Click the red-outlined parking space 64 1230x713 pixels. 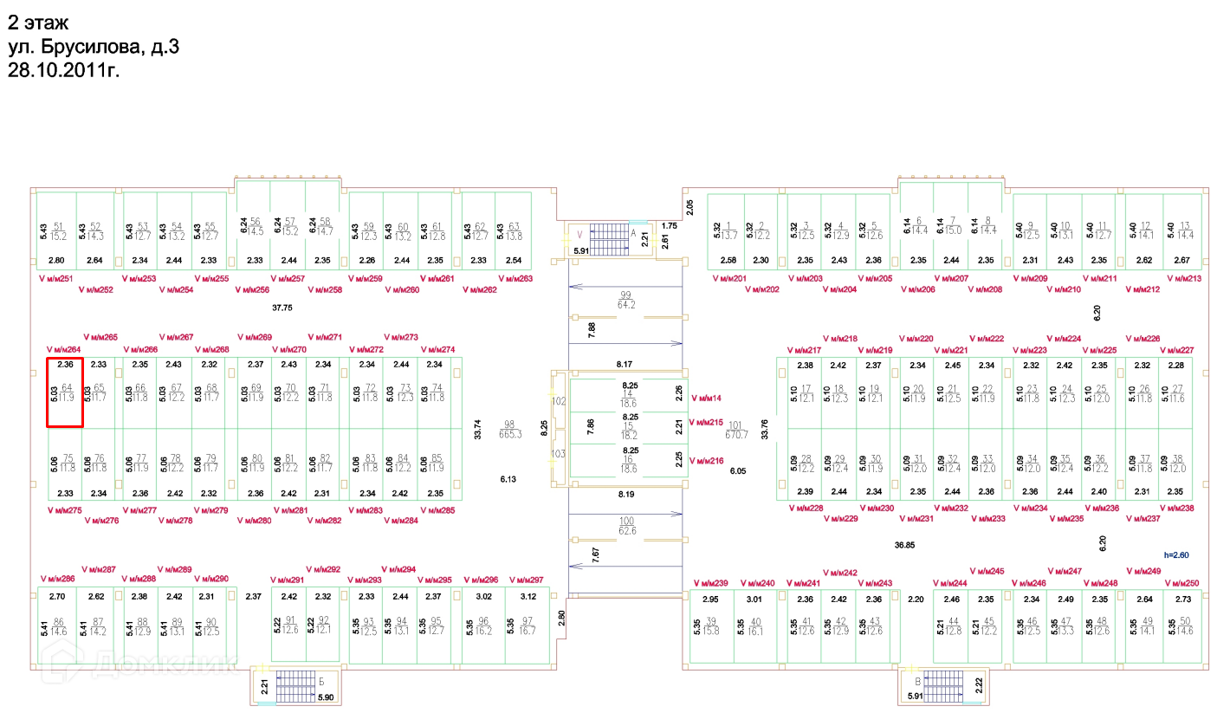tap(64, 392)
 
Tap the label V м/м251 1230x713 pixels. tap(56, 279)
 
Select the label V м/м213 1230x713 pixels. tap(1185, 279)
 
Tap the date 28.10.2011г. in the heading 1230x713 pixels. tap(63, 70)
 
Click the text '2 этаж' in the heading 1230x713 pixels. tap(37, 23)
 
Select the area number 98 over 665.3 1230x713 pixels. tap(511, 429)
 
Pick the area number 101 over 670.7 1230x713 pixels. tap(735, 429)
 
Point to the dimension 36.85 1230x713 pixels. tap(905, 546)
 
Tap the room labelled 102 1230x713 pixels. tap(559, 402)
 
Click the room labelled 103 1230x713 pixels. tap(559, 453)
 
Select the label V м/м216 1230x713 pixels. tap(706, 461)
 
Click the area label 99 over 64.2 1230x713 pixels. tap(626, 300)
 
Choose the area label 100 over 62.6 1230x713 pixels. tap(626, 525)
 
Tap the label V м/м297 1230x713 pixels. tap(526, 580)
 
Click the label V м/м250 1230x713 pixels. tap(1182, 583)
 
